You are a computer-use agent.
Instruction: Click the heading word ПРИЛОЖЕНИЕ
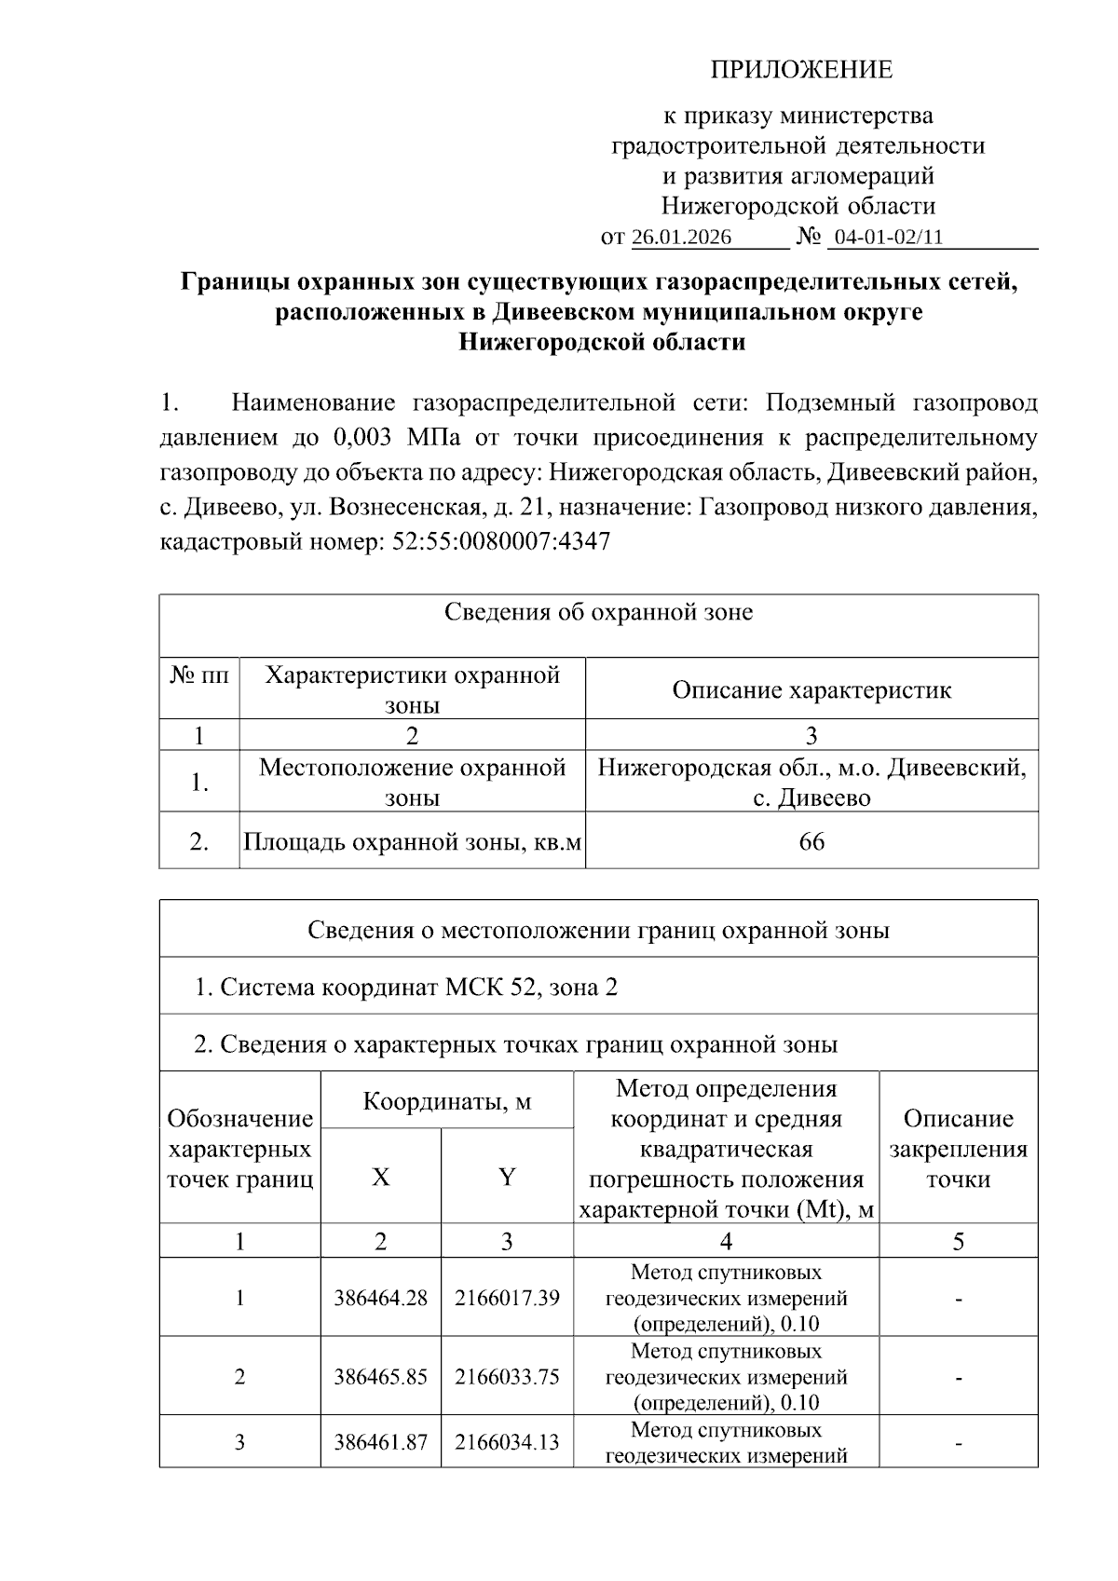tap(801, 70)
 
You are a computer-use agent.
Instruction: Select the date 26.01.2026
tap(682, 237)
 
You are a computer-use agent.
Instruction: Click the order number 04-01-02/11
tap(889, 237)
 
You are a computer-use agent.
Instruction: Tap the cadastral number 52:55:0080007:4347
tap(502, 541)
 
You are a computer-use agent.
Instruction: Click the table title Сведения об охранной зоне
tap(598, 612)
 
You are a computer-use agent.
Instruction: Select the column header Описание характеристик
tap(811, 690)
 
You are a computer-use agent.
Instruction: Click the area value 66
tap(811, 842)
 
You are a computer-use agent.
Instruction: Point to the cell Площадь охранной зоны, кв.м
tap(412, 842)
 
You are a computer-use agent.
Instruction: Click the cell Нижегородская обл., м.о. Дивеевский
tap(811, 769)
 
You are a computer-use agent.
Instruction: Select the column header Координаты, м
tap(447, 1101)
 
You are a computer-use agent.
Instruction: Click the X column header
tap(381, 1177)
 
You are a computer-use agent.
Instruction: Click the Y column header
tap(507, 1177)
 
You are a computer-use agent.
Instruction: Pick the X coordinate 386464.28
tap(381, 1298)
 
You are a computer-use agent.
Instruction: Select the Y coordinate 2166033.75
tap(507, 1377)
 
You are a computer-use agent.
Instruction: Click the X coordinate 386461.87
tap(381, 1442)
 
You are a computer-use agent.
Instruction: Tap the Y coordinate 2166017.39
tap(507, 1298)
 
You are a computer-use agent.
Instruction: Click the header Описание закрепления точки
tap(958, 1149)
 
